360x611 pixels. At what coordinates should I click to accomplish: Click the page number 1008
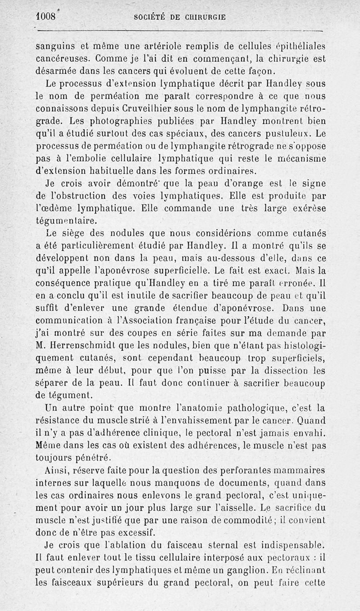click(x=45, y=17)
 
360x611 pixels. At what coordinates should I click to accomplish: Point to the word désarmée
click(x=58, y=71)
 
